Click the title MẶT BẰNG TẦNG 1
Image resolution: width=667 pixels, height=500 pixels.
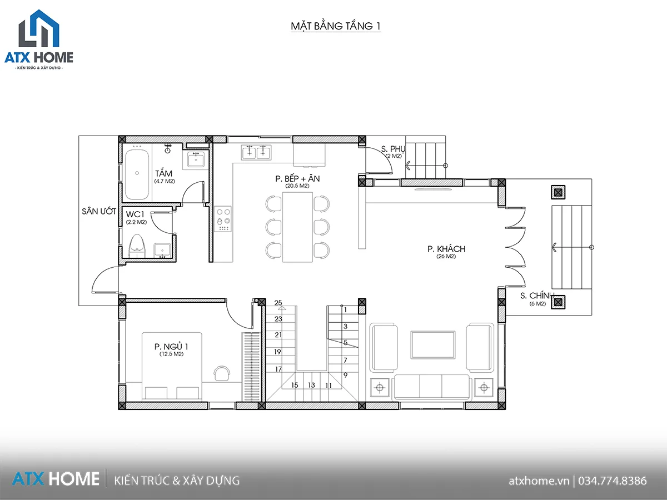tap(336, 26)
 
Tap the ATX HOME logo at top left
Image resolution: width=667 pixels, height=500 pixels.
tap(39, 39)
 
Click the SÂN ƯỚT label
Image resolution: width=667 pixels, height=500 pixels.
tap(99, 211)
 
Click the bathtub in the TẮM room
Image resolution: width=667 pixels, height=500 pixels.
tap(137, 173)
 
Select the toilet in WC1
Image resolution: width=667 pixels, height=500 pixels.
tap(137, 246)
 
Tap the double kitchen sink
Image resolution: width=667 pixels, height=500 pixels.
tap(256, 152)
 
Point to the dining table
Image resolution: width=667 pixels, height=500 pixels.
tap(297, 227)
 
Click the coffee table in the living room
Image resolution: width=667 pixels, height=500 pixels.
tap(433, 345)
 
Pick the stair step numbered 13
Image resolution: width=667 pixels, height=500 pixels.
tap(311, 385)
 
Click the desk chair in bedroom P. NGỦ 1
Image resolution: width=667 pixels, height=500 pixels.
tap(222, 373)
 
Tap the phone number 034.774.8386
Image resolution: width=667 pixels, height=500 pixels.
tap(613, 481)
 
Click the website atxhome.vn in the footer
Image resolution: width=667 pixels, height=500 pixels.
tap(539, 481)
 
